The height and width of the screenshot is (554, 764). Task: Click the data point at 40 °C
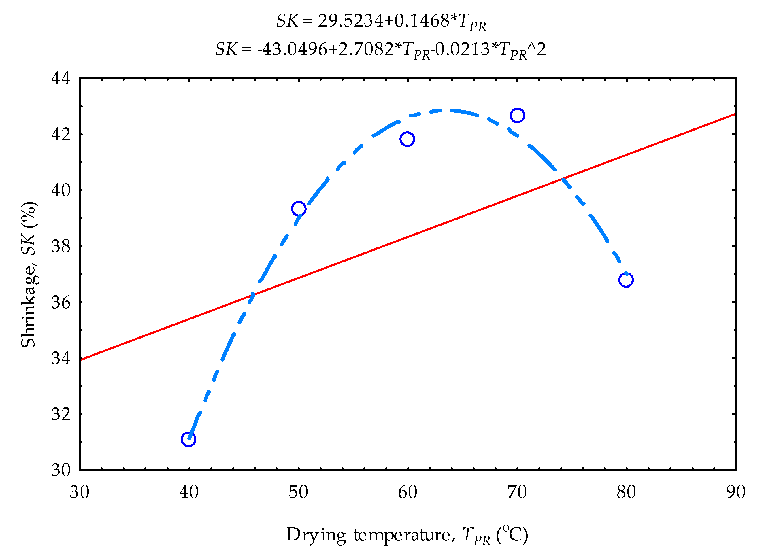[x=188, y=439]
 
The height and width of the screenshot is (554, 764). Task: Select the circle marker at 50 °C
[x=299, y=209]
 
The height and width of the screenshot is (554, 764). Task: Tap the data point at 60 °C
[x=407, y=139]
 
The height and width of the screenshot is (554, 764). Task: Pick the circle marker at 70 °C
[x=517, y=116]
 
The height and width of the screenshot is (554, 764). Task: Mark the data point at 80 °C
[x=626, y=280]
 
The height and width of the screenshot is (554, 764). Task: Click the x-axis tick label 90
[x=736, y=492]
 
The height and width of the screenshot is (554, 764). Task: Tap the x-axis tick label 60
[x=408, y=492]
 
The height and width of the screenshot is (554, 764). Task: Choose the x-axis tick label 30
[x=80, y=492]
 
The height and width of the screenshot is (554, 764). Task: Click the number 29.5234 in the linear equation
[x=350, y=21]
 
